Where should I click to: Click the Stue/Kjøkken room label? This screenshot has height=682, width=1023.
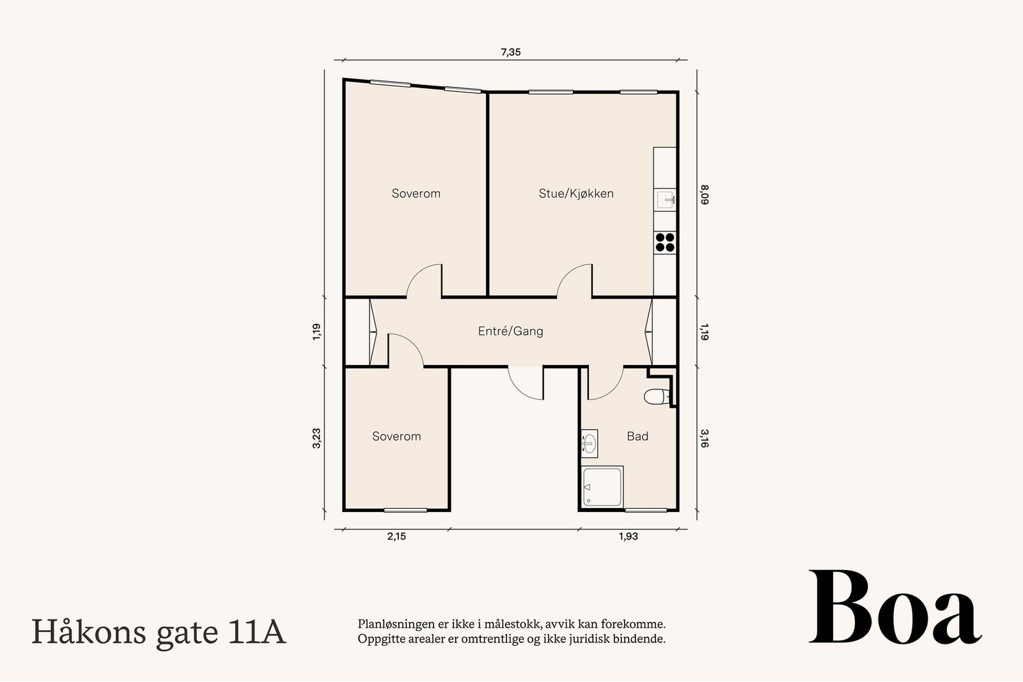click(x=575, y=194)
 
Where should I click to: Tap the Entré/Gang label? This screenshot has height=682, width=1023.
click(x=510, y=331)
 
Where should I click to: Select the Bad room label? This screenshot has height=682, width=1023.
click(x=637, y=437)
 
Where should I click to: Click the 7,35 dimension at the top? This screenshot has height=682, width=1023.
click(x=510, y=52)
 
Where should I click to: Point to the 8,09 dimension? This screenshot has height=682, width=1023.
click(x=704, y=194)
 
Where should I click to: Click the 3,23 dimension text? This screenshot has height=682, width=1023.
click(x=316, y=438)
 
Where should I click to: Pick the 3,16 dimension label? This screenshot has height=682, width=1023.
click(x=704, y=438)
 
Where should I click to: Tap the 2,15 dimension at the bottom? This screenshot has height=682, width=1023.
click(x=396, y=537)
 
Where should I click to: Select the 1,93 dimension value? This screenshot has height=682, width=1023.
click(x=628, y=537)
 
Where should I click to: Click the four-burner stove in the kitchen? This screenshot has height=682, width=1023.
click(x=665, y=242)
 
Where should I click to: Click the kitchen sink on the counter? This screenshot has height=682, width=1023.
click(x=665, y=200)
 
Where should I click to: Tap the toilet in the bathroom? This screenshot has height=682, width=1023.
click(x=655, y=397)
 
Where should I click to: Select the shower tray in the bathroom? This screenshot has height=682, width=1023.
click(x=603, y=487)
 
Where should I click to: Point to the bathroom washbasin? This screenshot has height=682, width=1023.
click(x=589, y=442)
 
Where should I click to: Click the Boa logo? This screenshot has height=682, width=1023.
click(x=894, y=608)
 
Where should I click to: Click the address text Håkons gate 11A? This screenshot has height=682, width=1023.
click(x=159, y=632)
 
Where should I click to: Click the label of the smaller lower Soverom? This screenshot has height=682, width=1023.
click(x=396, y=437)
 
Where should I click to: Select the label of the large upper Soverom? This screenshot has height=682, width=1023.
click(x=416, y=194)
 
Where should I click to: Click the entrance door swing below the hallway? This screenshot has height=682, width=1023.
click(x=526, y=384)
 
